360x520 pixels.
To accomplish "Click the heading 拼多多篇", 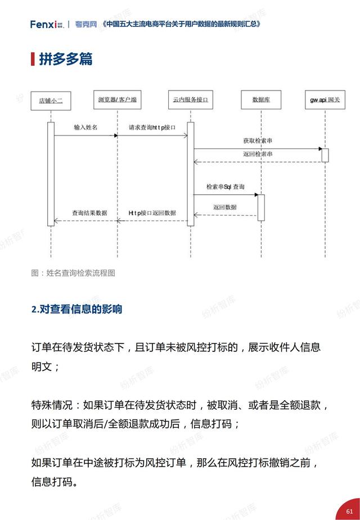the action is point(66,59).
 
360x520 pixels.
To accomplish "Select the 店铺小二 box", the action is point(51,101).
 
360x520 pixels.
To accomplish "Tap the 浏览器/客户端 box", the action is point(118,100).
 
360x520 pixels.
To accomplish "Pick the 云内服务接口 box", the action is point(191,100).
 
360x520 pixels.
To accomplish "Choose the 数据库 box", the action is point(261,100).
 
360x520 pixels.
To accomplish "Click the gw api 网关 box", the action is point(325,100).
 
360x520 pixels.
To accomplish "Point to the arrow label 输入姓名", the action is point(85,128).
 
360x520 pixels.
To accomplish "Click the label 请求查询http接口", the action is point(152,128).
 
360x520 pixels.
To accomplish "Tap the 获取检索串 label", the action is point(258,141).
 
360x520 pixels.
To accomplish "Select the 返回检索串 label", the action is point(258,154).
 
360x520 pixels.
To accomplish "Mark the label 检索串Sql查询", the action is point(226,187).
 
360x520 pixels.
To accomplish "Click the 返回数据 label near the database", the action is point(225,207).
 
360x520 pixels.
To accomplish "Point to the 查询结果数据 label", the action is point(89,213).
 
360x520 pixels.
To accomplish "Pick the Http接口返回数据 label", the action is point(152,213).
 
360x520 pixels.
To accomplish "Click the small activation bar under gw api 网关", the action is point(325,155).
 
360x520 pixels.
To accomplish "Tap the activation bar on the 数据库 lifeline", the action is point(261,207).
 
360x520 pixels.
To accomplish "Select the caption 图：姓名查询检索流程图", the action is point(73,273).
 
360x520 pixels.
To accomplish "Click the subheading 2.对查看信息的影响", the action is point(76,309).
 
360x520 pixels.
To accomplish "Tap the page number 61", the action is point(349,512).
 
